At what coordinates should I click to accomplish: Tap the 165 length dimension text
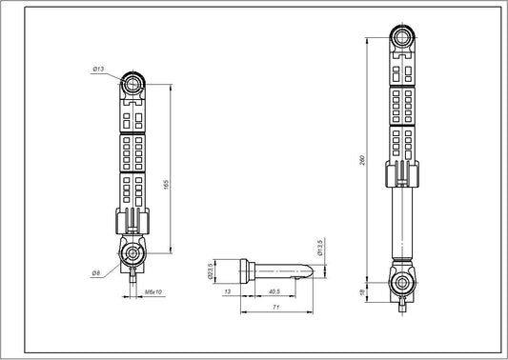[168, 184]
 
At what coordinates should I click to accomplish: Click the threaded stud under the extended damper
[401, 305]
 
